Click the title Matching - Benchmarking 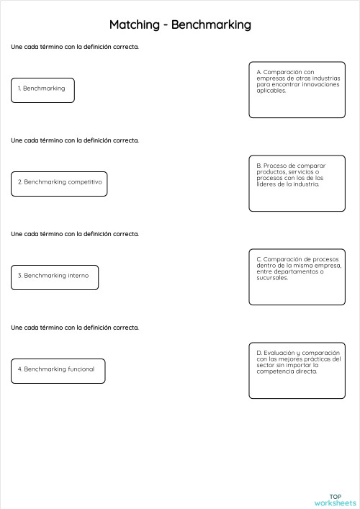point(180,25)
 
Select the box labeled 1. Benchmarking point(42,89)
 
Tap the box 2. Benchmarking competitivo point(59,183)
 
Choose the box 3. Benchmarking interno point(55,276)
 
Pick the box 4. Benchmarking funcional point(58,370)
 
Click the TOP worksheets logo point(336,499)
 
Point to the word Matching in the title point(134,25)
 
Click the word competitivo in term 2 point(85,183)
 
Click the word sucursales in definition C point(272,277)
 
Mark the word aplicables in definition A point(271,91)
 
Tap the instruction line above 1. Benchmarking point(75,47)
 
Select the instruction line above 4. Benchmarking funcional point(75,328)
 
